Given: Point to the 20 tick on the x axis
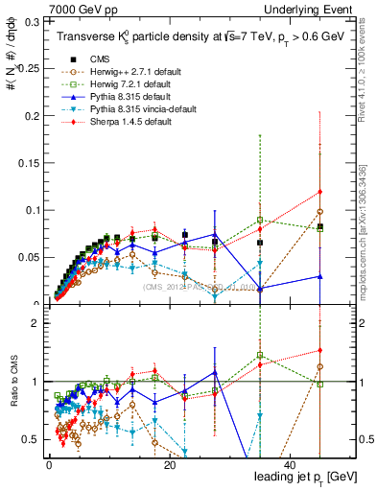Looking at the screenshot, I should click(170, 464).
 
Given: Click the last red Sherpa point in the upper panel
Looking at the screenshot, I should click(319, 191).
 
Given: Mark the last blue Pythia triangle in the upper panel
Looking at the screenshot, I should click(319, 276).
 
